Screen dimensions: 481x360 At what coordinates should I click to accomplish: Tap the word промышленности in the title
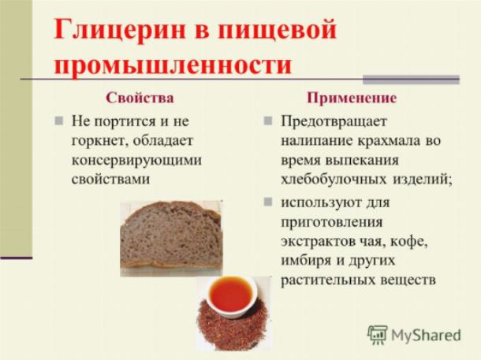click(x=173, y=65)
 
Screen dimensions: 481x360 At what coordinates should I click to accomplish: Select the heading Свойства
click(x=140, y=98)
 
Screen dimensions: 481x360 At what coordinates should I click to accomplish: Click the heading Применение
click(x=352, y=98)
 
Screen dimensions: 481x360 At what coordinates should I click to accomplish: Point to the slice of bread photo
click(x=171, y=239)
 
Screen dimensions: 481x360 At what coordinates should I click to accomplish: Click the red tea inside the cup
click(x=231, y=295)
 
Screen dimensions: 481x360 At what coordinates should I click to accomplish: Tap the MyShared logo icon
click(x=378, y=335)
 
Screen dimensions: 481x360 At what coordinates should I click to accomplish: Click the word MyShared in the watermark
click(x=426, y=335)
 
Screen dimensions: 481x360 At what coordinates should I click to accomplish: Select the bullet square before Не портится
click(x=59, y=121)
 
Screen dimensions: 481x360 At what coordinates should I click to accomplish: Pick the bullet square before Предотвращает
click(x=268, y=121)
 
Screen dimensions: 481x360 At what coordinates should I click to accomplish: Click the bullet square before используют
click(x=268, y=202)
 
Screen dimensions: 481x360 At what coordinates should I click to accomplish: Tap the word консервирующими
click(x=136, y=161)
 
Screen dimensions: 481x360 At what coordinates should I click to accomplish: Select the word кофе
click(x=409, y=242)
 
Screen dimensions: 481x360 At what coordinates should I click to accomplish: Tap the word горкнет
click(x=99, y=141)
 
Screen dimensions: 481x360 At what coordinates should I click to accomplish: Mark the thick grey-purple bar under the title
click(x=411, y=80)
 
